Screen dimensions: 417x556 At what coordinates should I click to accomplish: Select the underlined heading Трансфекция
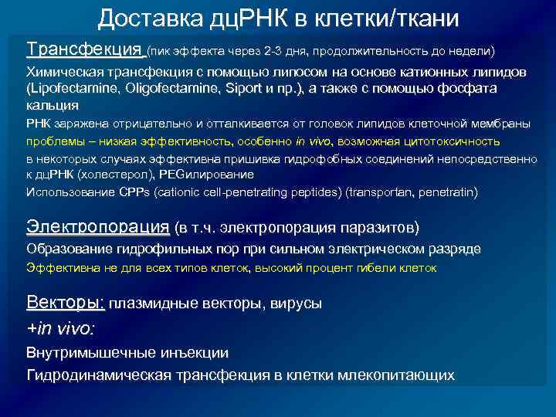(x=85, y=49)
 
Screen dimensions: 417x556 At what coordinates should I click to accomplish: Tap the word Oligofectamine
(x=158, y=88)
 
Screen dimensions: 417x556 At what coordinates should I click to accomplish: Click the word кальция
(x=52, y=105)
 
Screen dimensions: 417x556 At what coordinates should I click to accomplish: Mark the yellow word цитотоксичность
(x=456, y=141)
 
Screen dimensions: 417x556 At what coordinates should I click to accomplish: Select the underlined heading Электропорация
(x=97, y=227)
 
